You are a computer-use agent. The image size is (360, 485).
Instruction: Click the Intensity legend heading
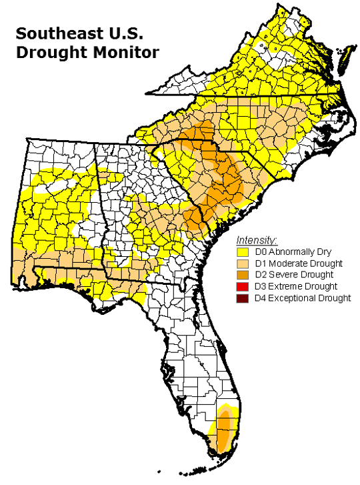257,239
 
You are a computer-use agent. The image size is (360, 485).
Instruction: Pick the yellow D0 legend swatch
243,252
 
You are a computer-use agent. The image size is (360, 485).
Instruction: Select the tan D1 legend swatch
243,263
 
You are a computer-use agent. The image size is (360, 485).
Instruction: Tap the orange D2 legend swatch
243,274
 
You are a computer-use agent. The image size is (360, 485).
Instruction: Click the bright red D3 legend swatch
243,286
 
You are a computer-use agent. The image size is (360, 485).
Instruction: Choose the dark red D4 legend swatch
243,298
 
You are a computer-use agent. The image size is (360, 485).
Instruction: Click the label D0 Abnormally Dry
291,252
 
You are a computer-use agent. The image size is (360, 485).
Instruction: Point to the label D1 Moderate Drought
295,263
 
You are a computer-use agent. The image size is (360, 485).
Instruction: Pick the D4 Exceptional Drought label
301,298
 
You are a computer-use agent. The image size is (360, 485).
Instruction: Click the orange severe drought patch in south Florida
225,427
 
